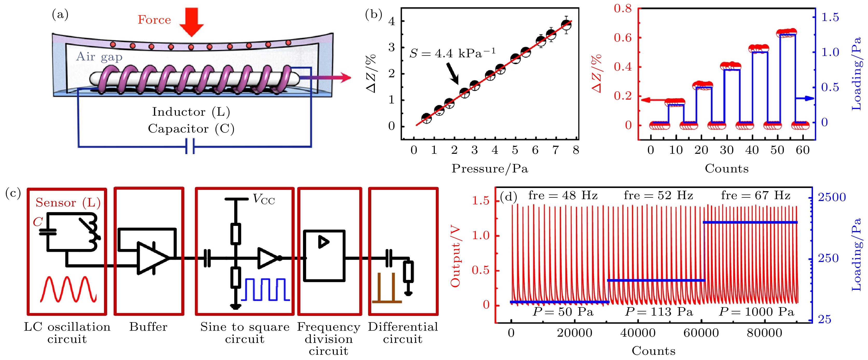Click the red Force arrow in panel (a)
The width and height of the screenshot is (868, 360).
click(x=191, y=22)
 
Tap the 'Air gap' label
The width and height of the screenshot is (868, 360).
click(x=99, y=57)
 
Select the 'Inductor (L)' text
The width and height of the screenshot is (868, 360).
click(x=191, y=112)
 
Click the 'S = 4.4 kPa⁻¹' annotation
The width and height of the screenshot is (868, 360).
click(x=452, y=53)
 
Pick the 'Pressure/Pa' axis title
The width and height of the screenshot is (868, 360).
click(x=490, y=168)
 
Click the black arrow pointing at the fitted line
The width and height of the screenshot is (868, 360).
click(x=452, y=73)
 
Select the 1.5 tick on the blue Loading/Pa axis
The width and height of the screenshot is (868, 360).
click(x=830, y=17)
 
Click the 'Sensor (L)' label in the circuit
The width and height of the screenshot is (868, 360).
click(x=68, y=202)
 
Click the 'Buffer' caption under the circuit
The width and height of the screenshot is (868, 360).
click(x=148, y=327)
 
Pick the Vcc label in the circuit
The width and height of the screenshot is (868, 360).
click(x=264, y=200)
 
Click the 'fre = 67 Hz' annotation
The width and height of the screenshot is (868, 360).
click(x=755, y=195)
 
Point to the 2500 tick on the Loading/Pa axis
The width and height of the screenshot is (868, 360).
click(x=832, y=197)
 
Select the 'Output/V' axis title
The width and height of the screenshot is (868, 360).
click(x=455, y=257)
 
